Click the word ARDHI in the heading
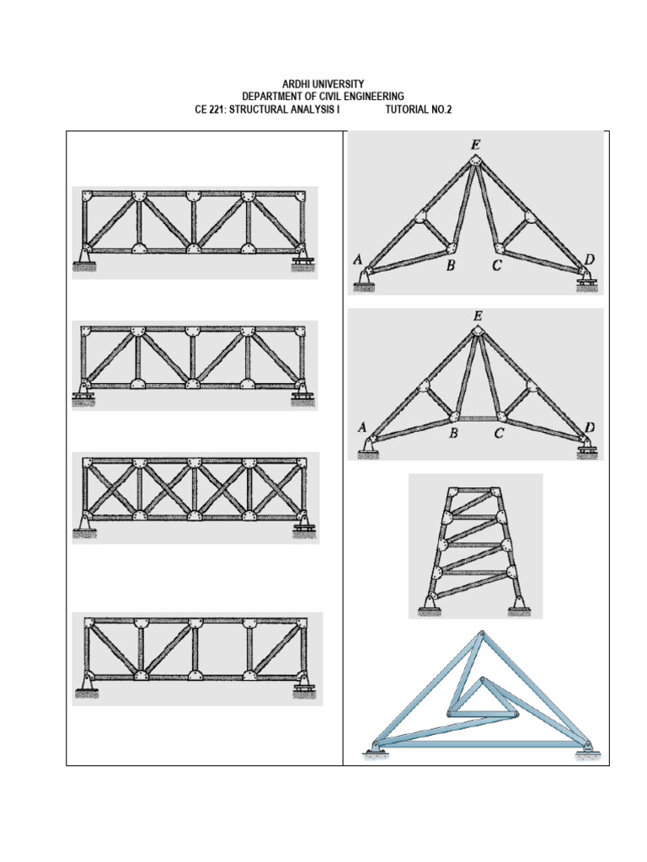(296, 84)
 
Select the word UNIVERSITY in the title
(338, 84)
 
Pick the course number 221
(218, 109)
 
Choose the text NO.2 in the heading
(441, 109)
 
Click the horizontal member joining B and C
(477, 418)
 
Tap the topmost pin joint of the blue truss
(482, 633)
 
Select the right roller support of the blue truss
(587, 749)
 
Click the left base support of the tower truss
(429, 605)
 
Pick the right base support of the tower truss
(519, 605)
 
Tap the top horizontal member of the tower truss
(474, 489)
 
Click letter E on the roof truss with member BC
(478, 317)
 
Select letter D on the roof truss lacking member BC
(590, 259)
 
